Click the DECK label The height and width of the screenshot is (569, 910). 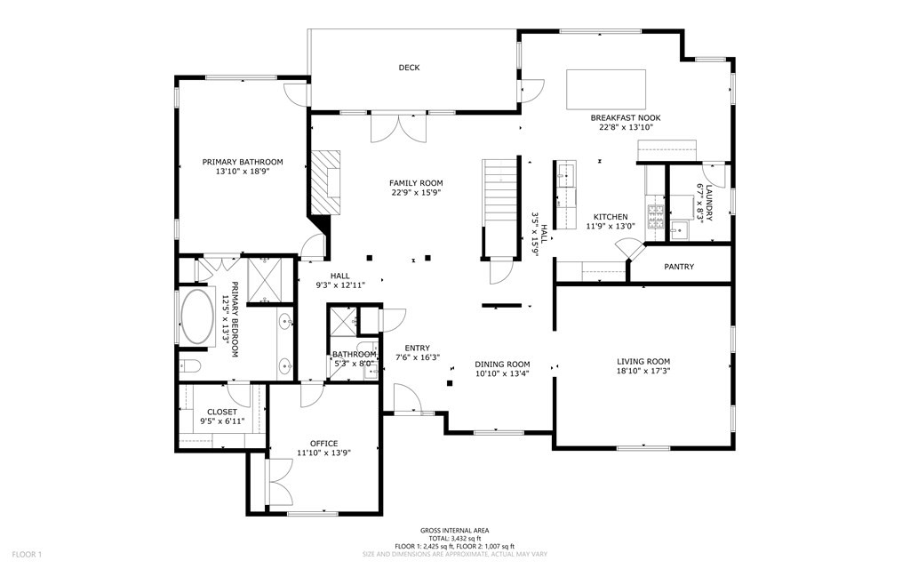point(409,68)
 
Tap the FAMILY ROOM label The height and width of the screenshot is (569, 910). point(416,182)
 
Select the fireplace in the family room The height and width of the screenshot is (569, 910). point(325,182)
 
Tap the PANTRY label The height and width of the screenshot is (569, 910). point(679,267)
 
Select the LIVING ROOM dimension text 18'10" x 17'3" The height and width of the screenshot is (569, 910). point(643,372)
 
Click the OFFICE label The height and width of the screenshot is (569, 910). point(323,443)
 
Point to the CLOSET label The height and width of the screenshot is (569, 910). point(221,412)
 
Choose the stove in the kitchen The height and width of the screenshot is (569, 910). point(656,214)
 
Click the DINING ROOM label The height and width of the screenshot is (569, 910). point(502,364)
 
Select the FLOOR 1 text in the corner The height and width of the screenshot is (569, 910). point(27,555)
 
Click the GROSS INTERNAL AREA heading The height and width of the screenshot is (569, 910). point(454,530)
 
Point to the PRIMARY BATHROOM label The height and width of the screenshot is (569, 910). point(243,162)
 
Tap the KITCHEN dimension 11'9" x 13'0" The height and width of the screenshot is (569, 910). point(611,227)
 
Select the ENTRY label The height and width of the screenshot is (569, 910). point(417,348)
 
